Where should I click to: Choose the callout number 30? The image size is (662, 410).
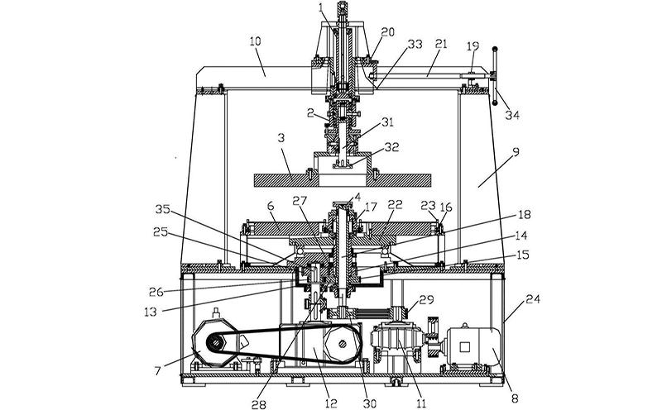tap(369, 403)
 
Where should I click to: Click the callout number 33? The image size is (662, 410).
tap(412, 41)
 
